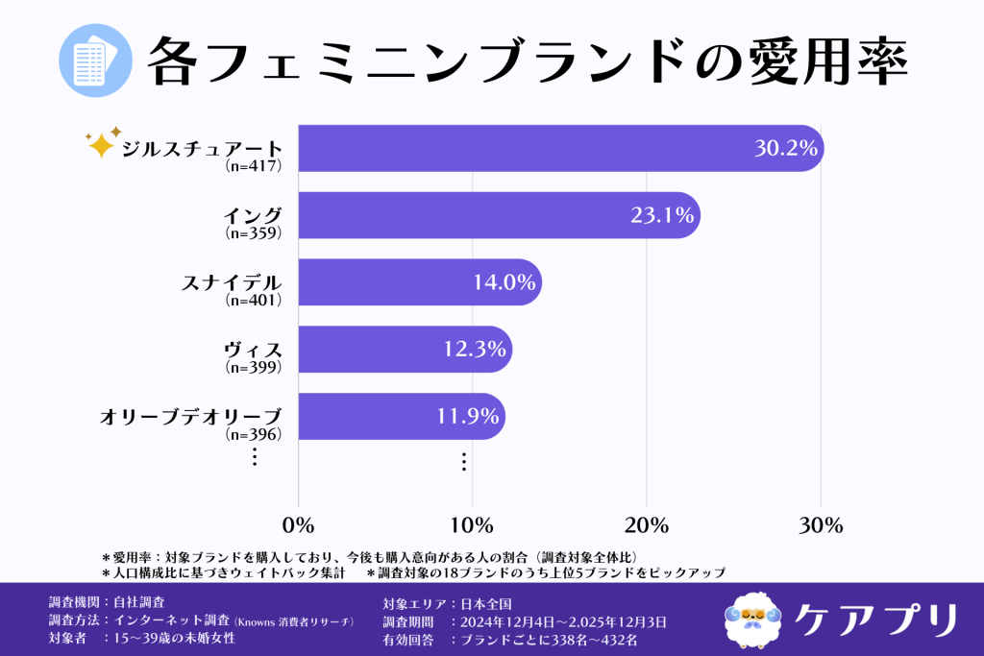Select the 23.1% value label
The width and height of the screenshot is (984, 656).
click(x=662, y=216)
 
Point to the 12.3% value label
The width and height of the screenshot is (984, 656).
click(x=474, y=350)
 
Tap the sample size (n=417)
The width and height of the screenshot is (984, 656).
click(x=253, y=166)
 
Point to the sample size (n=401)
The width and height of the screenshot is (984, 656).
click(x=253, y=300)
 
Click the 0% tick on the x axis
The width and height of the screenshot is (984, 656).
click(x=299, y=525)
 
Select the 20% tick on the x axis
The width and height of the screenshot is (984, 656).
click(x=647, y=525)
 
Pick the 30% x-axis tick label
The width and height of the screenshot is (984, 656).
click(x=821, y=525)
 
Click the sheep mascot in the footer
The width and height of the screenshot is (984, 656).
click(x=752, y=618)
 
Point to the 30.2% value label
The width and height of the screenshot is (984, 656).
click(x=785, y=149)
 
